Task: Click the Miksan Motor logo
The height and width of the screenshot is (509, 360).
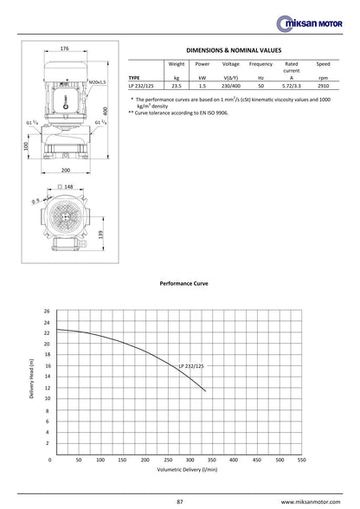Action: click(309, 23)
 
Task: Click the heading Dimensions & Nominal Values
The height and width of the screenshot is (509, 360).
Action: click(234, 50)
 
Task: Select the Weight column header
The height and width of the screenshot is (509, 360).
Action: click(177, 64)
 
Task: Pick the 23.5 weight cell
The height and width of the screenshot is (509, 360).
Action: click(177, 86)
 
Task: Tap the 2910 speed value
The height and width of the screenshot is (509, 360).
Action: click(324, 86)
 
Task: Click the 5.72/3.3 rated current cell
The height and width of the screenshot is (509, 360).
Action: click(292, 86)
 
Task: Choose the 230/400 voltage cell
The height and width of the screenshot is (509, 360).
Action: click(231, 86)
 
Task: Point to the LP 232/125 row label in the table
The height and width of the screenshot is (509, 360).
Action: click(141, 86)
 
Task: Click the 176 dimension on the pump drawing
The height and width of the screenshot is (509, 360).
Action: click(65, 48)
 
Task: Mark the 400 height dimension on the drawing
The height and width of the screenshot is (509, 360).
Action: click(106, 111)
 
